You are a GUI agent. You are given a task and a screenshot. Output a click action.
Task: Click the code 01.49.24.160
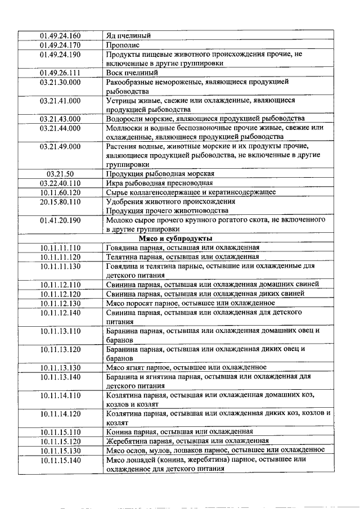[x=60, y=36]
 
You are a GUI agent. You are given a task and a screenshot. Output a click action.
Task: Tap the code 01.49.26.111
[x=60, y=73]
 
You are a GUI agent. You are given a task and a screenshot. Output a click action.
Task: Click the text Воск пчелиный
[x=132, y=73]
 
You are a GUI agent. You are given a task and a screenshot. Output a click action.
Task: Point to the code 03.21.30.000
[x=60, y=82]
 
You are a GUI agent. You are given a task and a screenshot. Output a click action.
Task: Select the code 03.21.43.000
[x=60, y=119]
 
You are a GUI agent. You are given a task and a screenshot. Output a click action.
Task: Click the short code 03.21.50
[x=60, y=173]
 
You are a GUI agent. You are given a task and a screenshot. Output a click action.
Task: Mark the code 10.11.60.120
[x=60, y=192]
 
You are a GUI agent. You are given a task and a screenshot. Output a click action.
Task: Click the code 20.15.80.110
[x=60, y=201]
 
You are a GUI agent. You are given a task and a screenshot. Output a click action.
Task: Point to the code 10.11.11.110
[x=60, y=247]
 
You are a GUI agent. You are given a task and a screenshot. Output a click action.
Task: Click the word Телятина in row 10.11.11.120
[x=121, y=256]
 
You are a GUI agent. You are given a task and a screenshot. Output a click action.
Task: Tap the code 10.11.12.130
[x=60, y=303]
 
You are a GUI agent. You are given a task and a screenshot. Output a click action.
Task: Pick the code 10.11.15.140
[x=60, y=460]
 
